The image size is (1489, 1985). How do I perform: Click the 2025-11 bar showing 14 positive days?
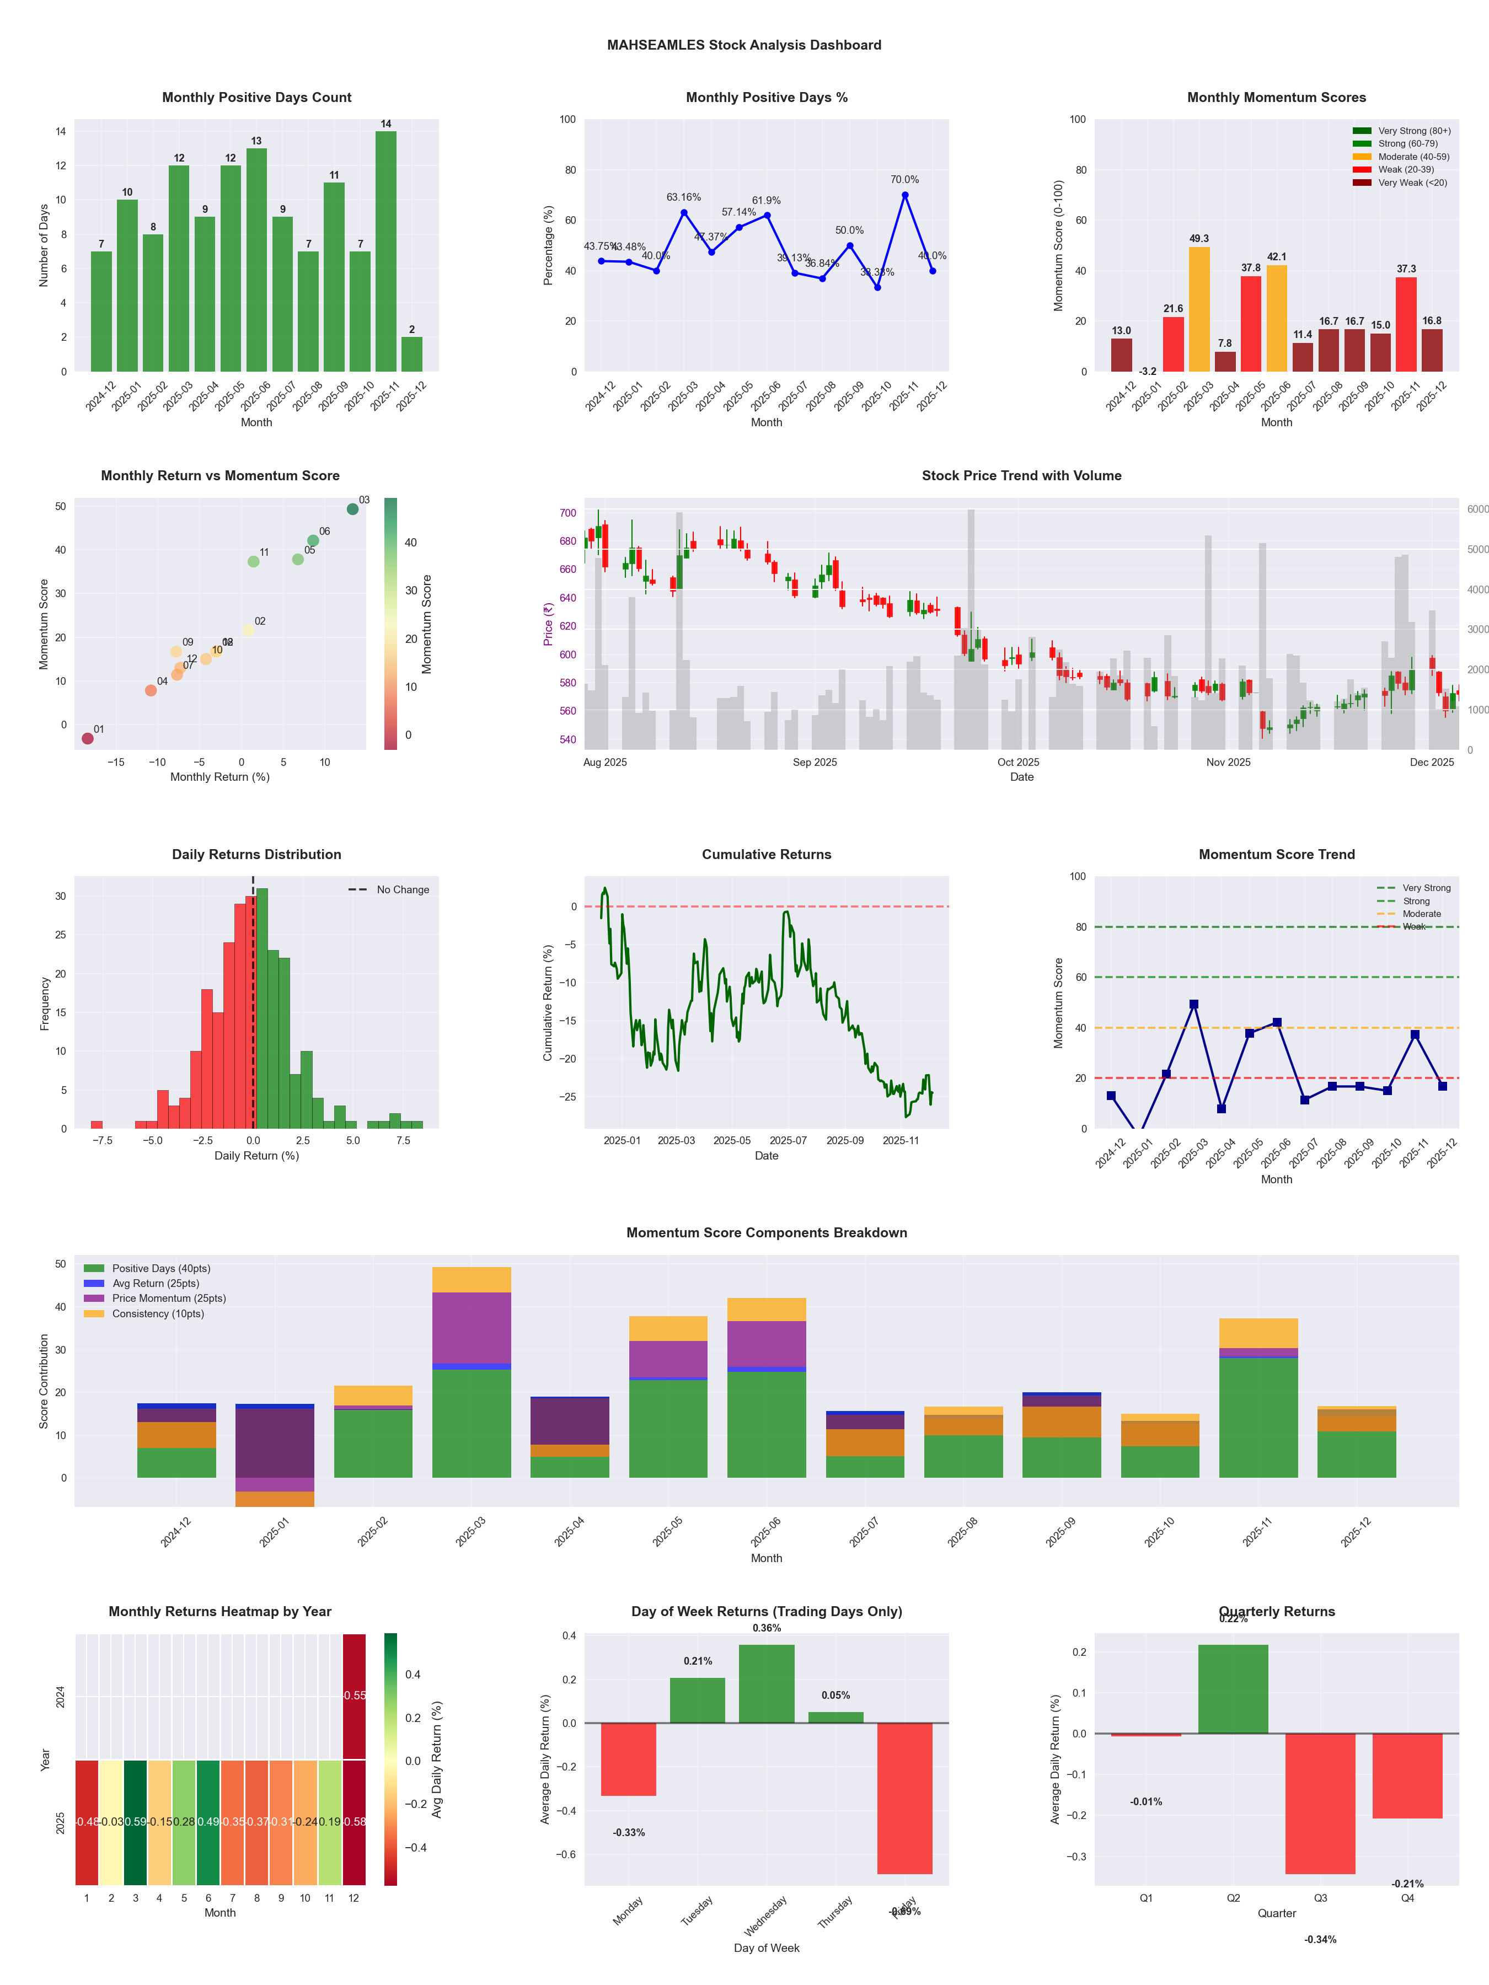pyautogui.click(x=386, y=251)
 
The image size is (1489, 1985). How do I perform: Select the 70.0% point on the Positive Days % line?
pyautogui.click(x=905, y=195)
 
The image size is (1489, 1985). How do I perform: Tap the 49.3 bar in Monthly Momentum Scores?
pyautogui.click(x=1199, y=309)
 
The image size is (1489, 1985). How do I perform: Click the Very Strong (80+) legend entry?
pyautogui.click(x=1413, y=131)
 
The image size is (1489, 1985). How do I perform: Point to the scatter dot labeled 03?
pyautogui.click(x=353, y=509)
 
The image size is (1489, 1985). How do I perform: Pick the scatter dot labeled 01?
pyautogui.click(x=87, y=738)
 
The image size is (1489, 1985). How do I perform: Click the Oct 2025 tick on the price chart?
pyautogui.click(x=1018, y=762)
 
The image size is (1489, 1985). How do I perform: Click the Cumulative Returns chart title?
pyautogui.click(x=767, y=854)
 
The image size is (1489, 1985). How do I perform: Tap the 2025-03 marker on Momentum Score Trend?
pyautogui.click(x=1194, y=1004)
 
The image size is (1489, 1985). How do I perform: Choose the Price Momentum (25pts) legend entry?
pyautogui.click(x=169, y=1299)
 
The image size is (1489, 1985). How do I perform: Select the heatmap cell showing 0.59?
pyautogui.click(x=136, y=1822)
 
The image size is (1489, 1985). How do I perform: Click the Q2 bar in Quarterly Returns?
pyautogui.click(x=1233, y=1689)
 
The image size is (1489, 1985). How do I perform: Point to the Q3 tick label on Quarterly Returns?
pyautogui.click(x=1320, y=1898)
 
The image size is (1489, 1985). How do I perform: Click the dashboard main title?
pyautogui.click(x=744, y=45)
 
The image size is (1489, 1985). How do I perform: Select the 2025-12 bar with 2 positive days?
pyautogui.click(x=412, y=355)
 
